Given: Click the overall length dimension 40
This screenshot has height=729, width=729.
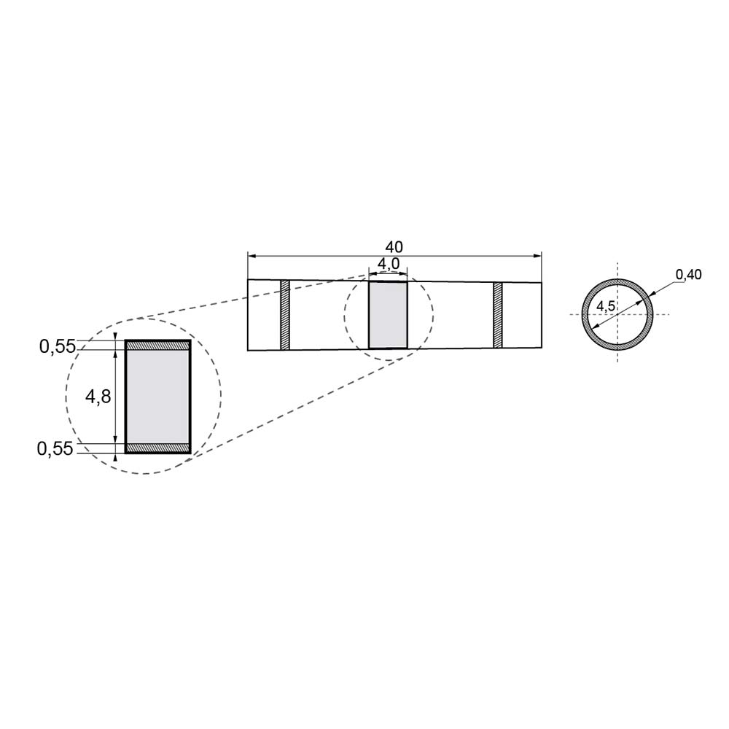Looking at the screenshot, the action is pos(394,246).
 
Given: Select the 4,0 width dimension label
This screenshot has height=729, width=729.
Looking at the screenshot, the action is pos(389,264).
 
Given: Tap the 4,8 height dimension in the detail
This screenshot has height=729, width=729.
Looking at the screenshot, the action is pos(98,396).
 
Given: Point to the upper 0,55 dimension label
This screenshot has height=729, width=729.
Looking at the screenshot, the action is pos(57,346).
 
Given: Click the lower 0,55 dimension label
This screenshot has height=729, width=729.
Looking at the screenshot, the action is pos(55,448).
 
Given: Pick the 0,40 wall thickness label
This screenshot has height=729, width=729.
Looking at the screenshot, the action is pos(689,275).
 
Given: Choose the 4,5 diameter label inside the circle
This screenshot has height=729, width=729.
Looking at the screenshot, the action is pos(606,306).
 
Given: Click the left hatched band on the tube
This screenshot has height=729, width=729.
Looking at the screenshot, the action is pos(285,315).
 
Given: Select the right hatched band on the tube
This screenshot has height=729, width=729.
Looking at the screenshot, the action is pos(498,315).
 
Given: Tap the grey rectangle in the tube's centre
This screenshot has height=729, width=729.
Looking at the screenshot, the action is pos(388,315).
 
